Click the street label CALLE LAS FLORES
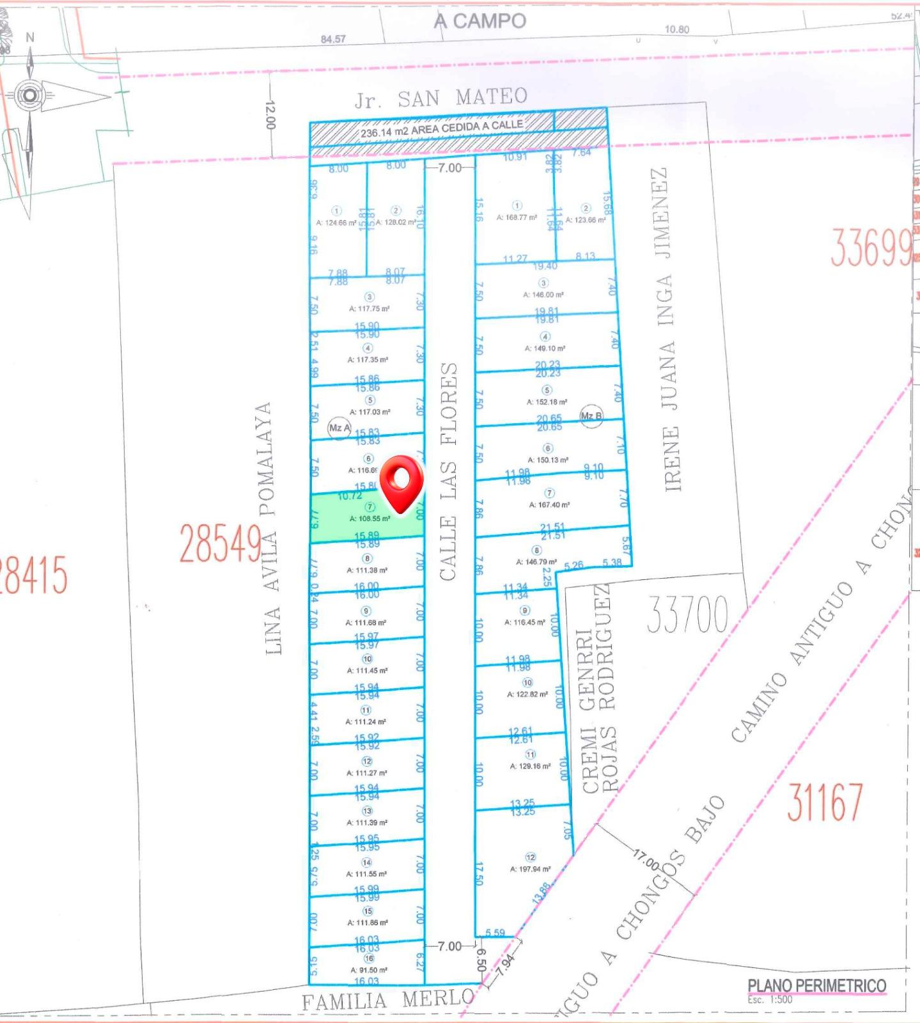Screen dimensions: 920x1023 tap(449, 471)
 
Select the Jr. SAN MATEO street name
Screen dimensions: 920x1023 tap(441, 98)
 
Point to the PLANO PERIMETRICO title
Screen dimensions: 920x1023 tap(816, 985)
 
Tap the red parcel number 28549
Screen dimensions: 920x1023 tap(220, 543)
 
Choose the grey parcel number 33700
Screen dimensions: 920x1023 tap(687, 614)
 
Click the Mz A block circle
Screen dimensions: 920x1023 tap(339, 428)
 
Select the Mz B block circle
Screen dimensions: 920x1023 tap(591, 416)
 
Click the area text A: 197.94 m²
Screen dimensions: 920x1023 tap(530, 869)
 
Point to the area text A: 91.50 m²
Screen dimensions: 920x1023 tap(368, 970)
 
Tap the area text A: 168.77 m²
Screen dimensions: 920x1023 tap(517, 217)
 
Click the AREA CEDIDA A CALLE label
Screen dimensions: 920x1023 tap(441, 129)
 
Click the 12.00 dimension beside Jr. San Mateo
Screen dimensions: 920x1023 tap(269, 115)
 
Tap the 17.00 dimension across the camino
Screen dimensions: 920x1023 tap(646, 860)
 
